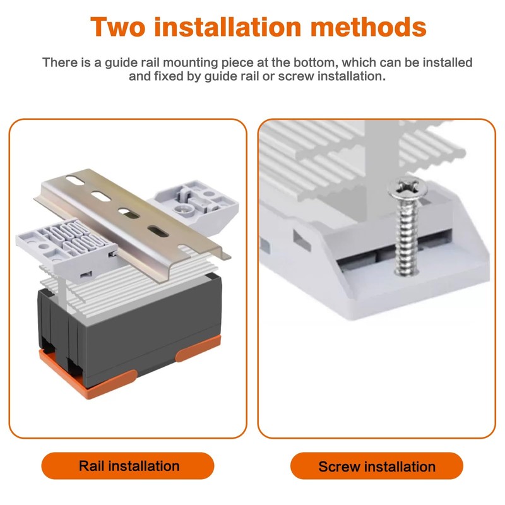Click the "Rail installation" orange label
128,466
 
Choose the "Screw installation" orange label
377,466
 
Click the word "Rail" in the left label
92,466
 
